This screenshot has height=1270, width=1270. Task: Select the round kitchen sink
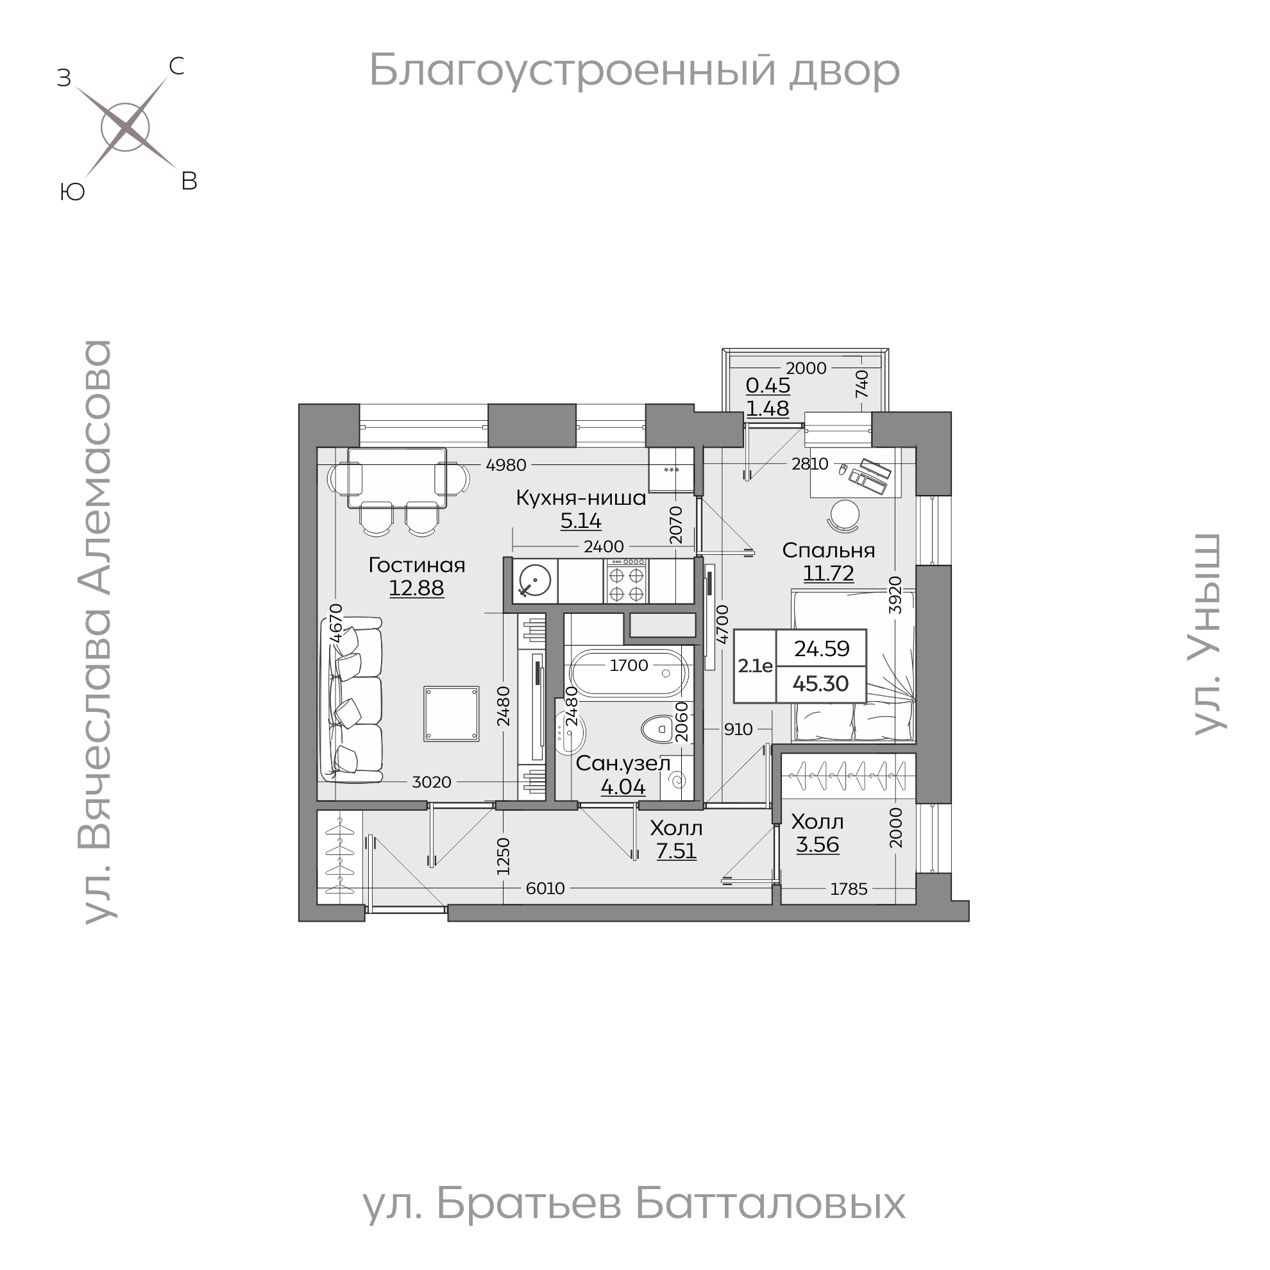pos(534,581)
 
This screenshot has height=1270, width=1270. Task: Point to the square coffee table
pos(451,713)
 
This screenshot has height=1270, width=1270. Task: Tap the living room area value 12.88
pos(416,588)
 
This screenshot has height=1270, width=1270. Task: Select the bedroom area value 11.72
pos(827,573)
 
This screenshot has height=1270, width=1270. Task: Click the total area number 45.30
pos(820,684)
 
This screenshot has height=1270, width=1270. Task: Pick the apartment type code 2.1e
pos(755,666)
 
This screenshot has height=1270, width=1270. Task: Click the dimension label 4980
pos(506,465)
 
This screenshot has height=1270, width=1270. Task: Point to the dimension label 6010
pos(545,888)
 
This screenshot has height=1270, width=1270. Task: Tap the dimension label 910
pos(738,729)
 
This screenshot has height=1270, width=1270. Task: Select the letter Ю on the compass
pos(72,192)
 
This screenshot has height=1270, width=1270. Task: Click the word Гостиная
pos(417,564)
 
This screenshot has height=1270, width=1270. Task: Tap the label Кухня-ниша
pos(580,498)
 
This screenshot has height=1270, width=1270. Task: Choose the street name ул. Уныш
pos(1208,634)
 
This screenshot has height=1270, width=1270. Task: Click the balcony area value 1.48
pos(767,408)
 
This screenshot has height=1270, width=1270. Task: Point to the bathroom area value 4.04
pos(623,786)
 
